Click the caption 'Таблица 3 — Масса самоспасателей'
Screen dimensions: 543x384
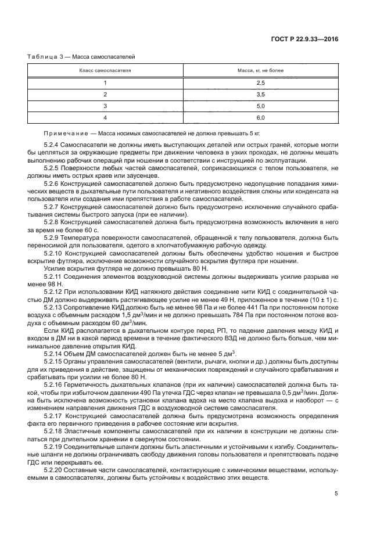(x=81, y=56)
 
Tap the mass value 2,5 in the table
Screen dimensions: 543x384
(x=260, y=83)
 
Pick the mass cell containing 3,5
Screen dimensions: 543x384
(x=260, y=94)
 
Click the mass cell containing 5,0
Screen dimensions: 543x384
(x=260, y=106)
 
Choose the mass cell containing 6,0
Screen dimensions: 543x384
(x=260, y=117)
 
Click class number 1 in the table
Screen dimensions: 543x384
(x=105, y=83)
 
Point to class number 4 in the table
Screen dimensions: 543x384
(x=105, y=117)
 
